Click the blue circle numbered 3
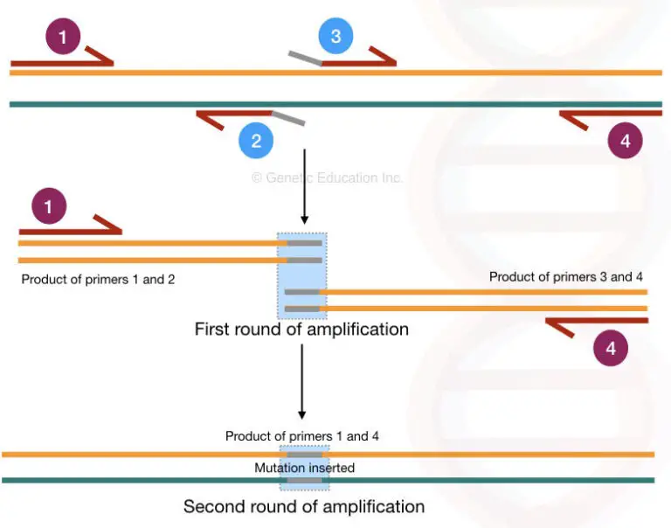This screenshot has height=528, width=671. (335, 38)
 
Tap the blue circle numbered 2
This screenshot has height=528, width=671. (256, 141)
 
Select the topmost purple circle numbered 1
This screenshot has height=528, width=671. (63, 37)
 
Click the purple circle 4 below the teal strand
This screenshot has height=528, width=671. (625, 140)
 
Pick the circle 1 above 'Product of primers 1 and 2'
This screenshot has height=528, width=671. (48, 208)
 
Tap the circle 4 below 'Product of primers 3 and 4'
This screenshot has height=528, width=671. (611, 347)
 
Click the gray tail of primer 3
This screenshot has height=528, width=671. (306, 58)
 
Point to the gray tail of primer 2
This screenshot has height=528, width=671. (288, 118)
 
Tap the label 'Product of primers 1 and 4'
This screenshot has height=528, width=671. (301, 435)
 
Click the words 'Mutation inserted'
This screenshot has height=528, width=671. (304, 468)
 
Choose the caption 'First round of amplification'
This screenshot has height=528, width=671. (301, 330)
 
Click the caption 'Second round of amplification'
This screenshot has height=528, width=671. (303, 507)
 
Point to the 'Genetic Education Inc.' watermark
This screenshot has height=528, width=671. (327, 177)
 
